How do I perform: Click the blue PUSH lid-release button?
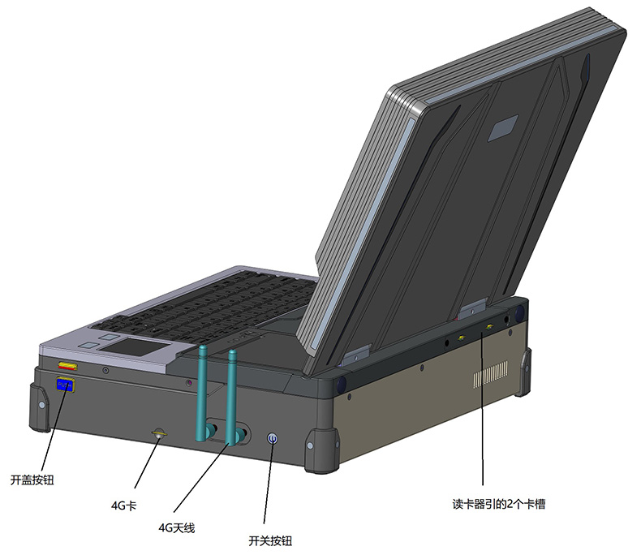coord(65,385)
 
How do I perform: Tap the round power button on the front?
coord(273,439)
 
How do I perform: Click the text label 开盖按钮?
coord(32,480)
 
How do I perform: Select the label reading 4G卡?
coord(123,506)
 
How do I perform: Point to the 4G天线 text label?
coord(177,528)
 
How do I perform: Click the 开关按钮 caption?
coord(270,541)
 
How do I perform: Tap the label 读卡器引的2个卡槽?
coord(499,504)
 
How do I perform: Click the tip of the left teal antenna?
coord(203,346)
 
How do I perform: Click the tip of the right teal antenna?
coord(233,351)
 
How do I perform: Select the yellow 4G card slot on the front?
coord(158,433)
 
